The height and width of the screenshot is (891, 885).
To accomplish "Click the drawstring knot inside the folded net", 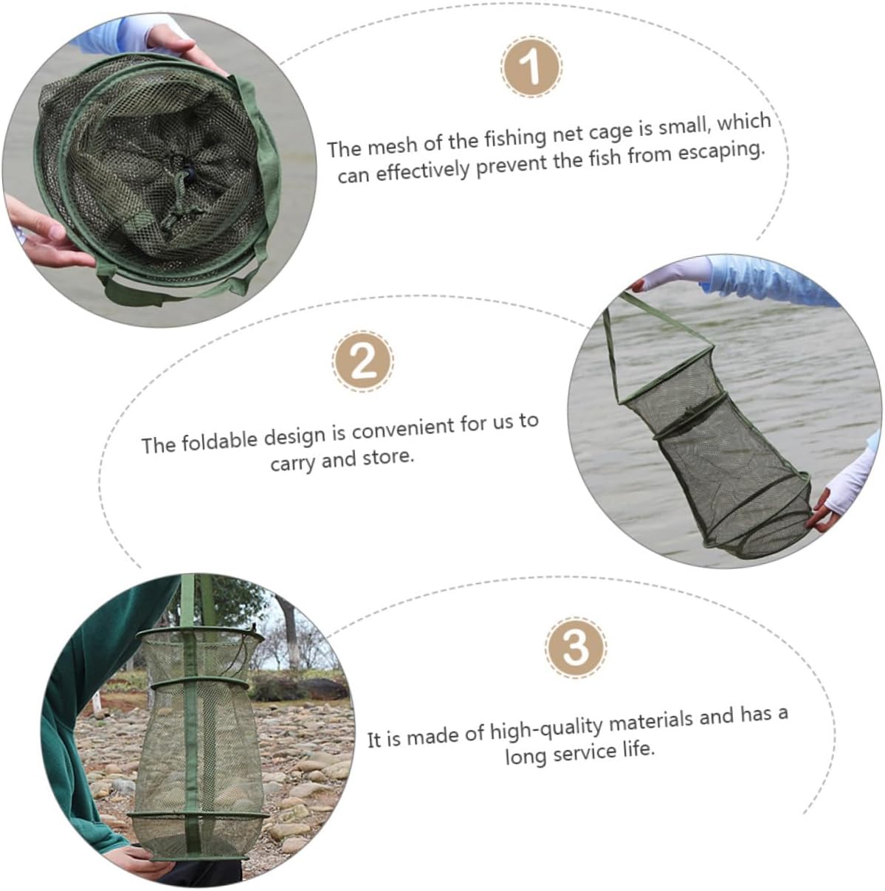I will tap(186, 173).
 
